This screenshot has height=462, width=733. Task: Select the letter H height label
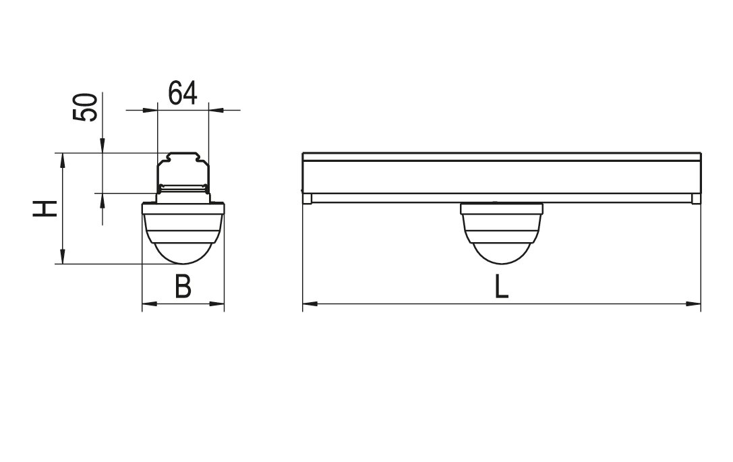click(x=45, y=208)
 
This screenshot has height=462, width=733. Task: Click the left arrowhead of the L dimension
click(x=310, y=304)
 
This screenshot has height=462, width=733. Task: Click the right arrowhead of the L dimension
click(x=693, y=304)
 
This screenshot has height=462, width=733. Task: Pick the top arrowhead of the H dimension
click(x=62, y=161)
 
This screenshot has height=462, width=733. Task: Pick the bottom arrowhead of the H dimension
click(x=62, y=256)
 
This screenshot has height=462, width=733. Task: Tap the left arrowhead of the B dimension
click(x=150, y=304)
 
